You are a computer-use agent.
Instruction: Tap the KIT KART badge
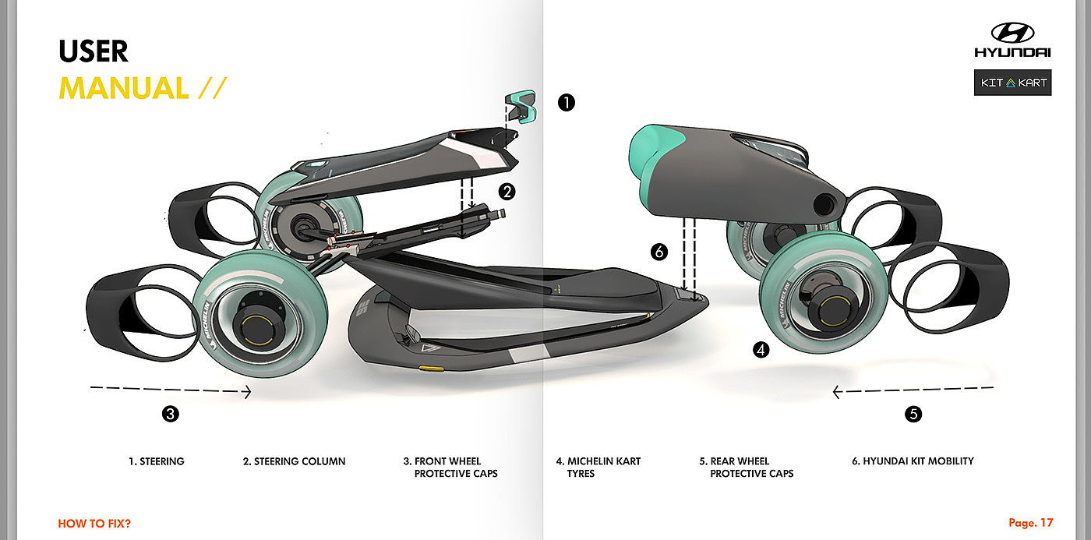tap(1012, 83)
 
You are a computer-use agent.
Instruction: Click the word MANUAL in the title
tap(124, 87)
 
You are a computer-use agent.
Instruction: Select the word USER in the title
tap(94, 51)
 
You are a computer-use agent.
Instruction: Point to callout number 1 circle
tap(566, 101)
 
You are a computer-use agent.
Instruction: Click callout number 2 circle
tap(507, 191)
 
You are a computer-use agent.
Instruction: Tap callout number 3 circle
tap(171, 414)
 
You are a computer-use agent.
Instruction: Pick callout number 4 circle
tap(761, 350)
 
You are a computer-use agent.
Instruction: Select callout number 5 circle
tap(913, 414)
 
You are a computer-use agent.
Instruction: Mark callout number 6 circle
tap(659, 252)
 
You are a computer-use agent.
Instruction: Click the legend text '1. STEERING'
tap(157, 461)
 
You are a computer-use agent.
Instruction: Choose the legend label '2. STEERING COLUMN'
tap(294, 461)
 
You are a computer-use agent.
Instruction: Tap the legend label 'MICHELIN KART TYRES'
tap(598, 467)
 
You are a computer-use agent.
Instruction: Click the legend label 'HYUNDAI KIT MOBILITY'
tap(913, 461)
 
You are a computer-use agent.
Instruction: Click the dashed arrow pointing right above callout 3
tap(171, 392)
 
